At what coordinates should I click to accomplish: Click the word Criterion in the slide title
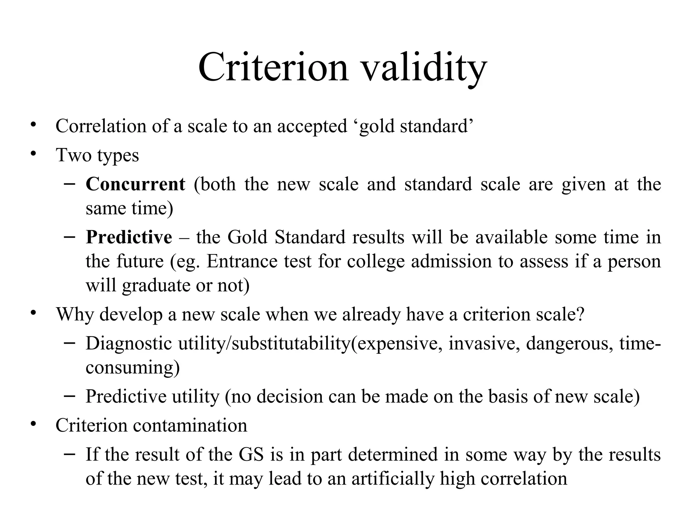[x=273, y=68]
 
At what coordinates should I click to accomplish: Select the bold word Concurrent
[x=135, y=184]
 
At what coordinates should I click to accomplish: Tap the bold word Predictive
[x=129, y=237]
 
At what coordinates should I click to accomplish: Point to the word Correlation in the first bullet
[x=101, y=126]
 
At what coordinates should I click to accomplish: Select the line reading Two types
[x=97, y=155]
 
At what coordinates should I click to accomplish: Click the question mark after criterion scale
[x=580, y=314]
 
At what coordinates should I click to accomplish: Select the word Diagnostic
[x=129, y=344]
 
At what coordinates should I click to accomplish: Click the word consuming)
[x=133, y=367]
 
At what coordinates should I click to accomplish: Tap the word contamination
[x=190, y=425]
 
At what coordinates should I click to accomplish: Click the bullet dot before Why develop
[x=33, y=313]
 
